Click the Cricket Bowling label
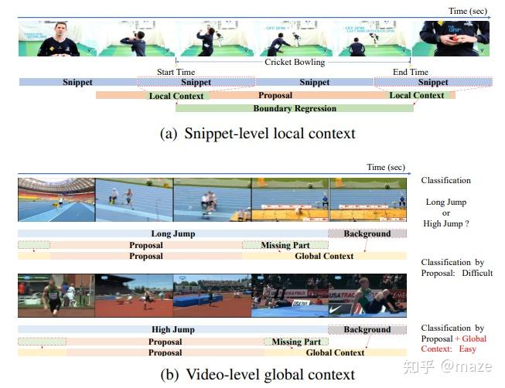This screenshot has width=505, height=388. coord(295,62)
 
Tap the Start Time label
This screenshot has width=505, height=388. coord(176,73)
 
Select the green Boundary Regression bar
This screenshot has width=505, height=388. coord(295,109)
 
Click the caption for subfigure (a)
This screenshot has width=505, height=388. coord(258,133)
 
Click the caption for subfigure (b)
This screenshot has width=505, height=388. coord(258,374)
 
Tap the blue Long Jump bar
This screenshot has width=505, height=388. coord(172,233)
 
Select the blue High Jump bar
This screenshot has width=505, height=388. coord(172,330)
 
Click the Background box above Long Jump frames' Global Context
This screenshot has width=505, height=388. coord(367,233)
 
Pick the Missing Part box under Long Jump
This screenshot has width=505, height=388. coord(285,246)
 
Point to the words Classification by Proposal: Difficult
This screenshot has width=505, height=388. coord(456,267)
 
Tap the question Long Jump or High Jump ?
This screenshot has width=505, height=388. coord(445,213)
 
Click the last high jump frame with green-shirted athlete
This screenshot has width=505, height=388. coord(367,295)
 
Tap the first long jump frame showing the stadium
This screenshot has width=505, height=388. coord(56,199)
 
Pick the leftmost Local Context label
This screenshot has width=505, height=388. coord(177,96)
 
